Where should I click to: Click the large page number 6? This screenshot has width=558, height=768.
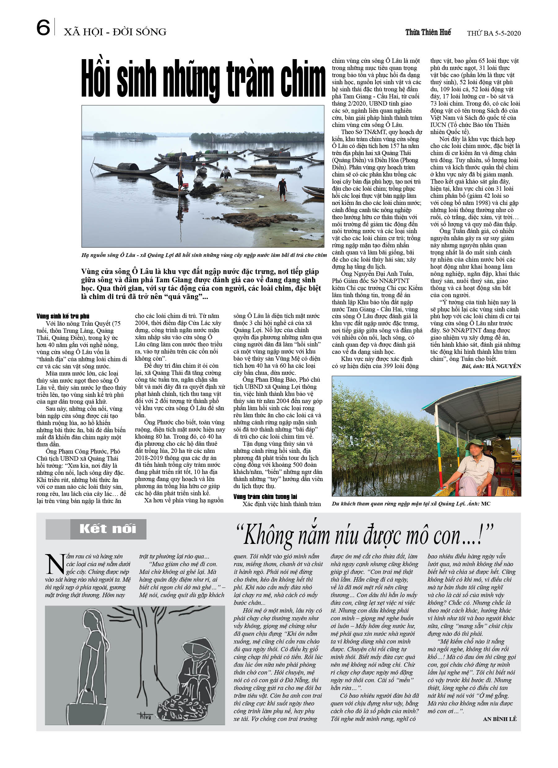(x=43, y=28)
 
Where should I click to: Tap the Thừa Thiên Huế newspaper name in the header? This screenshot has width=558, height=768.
(x=428, y=33)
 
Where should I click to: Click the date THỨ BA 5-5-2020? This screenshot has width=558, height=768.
(x=494, y=33)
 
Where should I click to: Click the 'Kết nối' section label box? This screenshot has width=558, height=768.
(x=108, y=529)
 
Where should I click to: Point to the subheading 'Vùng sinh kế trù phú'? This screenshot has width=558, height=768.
(x=63, y=316)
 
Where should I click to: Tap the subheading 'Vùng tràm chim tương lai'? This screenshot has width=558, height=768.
(x=265, y=497)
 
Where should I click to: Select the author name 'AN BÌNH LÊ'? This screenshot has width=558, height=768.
(x=499, y=718)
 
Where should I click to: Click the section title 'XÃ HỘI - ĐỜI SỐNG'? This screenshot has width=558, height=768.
(x=115, y=32)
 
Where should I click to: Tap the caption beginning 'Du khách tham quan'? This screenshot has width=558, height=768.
(x=411, y=504)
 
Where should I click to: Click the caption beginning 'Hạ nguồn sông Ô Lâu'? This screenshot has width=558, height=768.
(x=204, y=255)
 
